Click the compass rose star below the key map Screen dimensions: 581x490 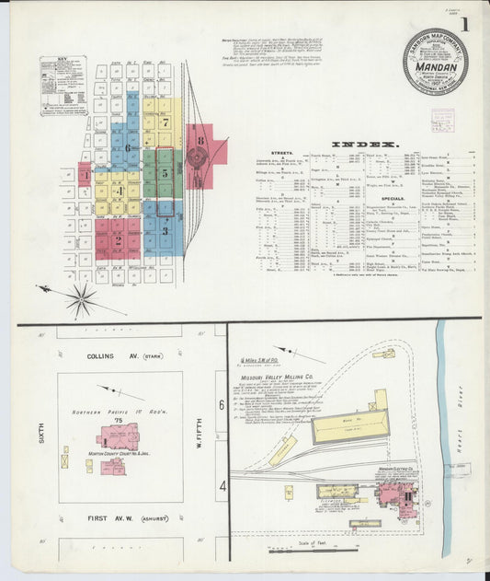click(x=81, y=297)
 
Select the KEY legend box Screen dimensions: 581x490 click(x=63, y=86)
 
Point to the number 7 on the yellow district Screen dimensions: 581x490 click(x=165, y=121)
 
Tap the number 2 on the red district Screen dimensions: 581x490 click(x=118, y=241)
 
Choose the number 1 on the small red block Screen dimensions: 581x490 click(x=85, y=174)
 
